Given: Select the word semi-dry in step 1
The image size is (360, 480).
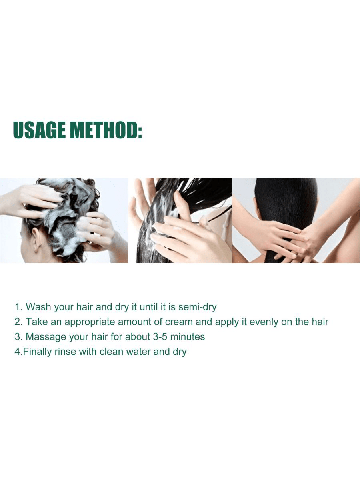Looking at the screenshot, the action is pos(197,307).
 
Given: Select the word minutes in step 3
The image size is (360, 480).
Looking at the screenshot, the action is pos(187,337).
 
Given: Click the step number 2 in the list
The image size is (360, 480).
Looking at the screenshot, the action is pos(18,322).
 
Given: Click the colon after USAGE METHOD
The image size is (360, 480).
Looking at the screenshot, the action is pos(140,132).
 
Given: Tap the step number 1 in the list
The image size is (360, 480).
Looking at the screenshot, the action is pos(17,307).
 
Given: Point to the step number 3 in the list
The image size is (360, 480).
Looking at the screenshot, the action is pos(18,337).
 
